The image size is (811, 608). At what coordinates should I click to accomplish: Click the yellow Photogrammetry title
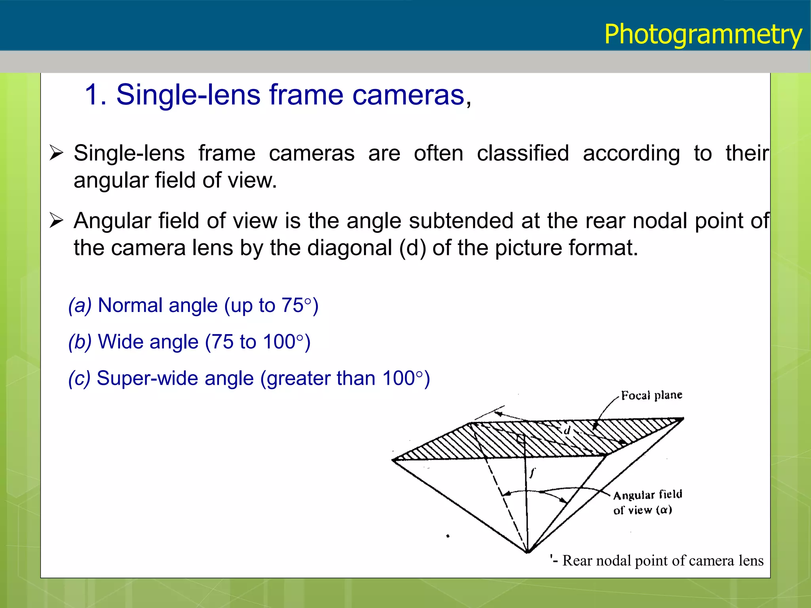tap(703, 34)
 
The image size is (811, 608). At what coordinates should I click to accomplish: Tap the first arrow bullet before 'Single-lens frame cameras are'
tap(56, 153)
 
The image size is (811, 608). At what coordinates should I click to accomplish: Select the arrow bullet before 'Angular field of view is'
tap(56, 220)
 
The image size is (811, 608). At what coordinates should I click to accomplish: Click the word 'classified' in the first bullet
tap(523, 153)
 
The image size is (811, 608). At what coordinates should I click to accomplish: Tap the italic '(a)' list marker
tap(80, 305)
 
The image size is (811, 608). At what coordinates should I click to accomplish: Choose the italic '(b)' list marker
tap(80, 342)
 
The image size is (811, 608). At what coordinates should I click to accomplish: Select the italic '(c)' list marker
tap(80, 378)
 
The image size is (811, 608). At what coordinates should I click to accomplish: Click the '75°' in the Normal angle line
tap(297, 305)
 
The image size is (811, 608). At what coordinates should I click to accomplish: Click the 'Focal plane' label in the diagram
tap(651, 395)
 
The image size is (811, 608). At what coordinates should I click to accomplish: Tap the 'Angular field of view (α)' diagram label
tap(647, 502)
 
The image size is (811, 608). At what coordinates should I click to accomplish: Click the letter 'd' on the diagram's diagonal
tap(567, 431)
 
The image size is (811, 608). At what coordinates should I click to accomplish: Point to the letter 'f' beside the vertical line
tap(533, 472)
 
